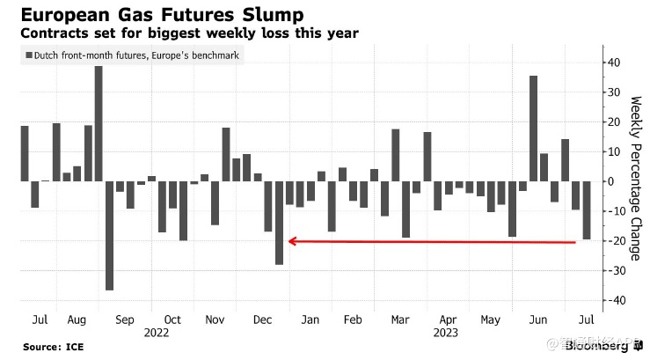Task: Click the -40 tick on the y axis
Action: [610, 300]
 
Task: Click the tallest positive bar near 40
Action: [99, 123]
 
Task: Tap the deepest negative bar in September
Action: [109, 235]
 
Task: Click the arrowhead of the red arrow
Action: [292, 240]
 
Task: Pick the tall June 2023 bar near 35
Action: [533, 129]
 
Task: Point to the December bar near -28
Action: [279, 222]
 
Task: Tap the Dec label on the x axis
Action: [262, 320]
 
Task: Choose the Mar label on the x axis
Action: [400, 320]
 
